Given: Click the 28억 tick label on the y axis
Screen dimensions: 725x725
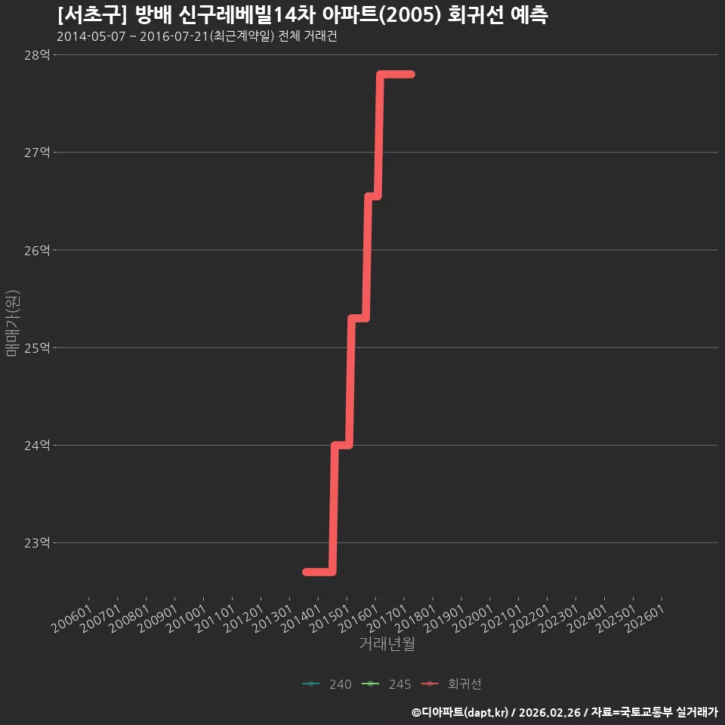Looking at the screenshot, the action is (37, 55).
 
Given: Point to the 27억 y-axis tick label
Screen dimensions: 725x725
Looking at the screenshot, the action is (37, 152).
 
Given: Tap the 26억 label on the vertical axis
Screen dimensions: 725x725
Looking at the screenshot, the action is (37, 250).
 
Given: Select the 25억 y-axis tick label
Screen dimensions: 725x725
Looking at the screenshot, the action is (37, 347).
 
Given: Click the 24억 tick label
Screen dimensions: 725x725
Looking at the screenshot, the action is (37, 446).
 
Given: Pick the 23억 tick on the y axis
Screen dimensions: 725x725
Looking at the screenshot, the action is (37, 543).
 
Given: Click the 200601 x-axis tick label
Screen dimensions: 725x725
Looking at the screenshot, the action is (71, 619).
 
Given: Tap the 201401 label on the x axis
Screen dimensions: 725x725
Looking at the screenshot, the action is (301, 619).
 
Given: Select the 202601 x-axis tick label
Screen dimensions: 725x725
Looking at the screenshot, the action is (644, 619).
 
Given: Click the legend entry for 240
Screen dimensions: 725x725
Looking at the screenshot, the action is (327, 684).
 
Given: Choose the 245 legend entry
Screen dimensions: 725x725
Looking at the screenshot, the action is (387, 684).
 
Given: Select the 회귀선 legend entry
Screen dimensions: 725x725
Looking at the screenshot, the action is (452, 684).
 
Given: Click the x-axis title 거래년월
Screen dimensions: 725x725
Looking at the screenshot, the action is (387, 643).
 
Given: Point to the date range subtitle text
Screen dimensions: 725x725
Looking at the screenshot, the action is (197, 36).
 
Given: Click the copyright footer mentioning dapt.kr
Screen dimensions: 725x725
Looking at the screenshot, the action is (565, 712).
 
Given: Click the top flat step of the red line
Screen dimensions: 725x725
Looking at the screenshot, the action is (396, 75).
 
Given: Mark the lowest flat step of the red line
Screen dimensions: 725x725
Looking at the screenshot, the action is (319, 572).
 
